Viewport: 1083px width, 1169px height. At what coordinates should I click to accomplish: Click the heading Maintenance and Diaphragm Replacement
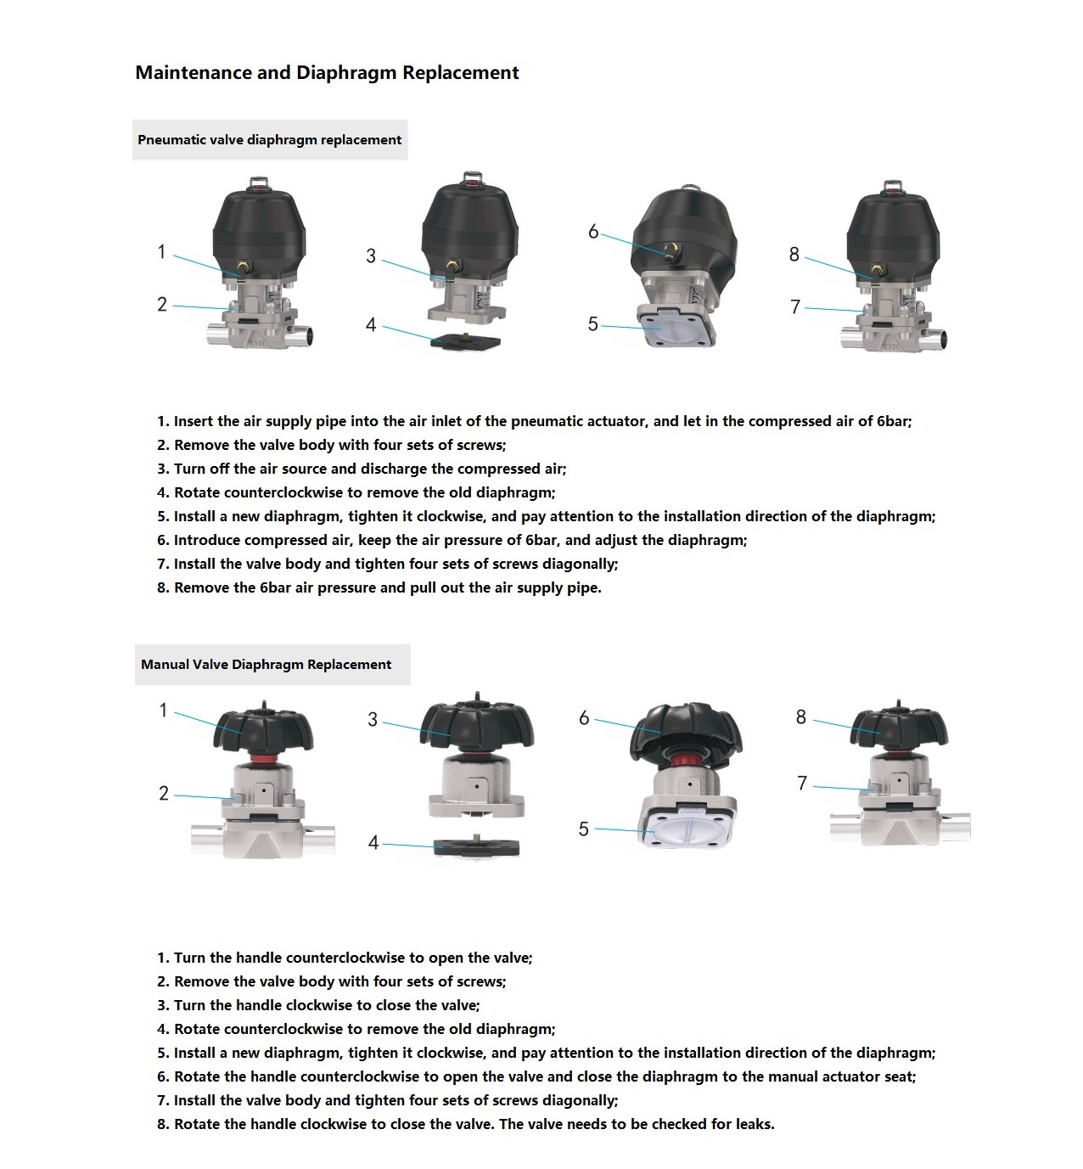coord(327,73)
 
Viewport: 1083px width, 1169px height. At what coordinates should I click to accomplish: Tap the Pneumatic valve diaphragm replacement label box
coord(270,140)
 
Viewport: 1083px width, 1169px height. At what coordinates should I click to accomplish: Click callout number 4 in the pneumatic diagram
coord(371,325)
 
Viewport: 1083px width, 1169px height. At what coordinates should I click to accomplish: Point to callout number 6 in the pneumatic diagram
coord(593,232)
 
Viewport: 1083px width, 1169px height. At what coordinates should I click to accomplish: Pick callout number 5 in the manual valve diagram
coord(584,829)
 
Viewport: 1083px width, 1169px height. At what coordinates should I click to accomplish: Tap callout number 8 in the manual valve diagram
coord(801,717)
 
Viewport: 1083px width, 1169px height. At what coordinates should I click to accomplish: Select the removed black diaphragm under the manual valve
coord(476,847)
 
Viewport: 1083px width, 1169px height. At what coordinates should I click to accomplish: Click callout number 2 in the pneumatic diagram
coord(162,305)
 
